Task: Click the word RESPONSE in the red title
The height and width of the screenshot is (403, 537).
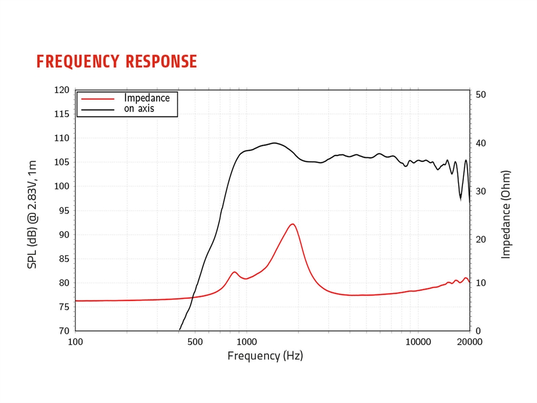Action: click(162, 62)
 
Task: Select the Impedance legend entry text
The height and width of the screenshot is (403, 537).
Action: click(147, 98)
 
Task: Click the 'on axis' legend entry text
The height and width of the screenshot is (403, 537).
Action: click(139, 109)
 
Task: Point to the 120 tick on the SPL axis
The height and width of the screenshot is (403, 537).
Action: click(62, 90)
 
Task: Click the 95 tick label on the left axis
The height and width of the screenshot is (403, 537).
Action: click(64, 211)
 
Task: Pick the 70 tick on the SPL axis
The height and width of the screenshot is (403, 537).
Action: click(64, 331)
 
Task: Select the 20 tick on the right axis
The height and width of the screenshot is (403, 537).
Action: click(481, 240)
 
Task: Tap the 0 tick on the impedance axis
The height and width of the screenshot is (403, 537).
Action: click(478, 331)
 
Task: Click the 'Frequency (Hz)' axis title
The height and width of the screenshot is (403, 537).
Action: click(265, 356)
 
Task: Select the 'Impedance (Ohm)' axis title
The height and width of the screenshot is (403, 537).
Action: click(505, 214)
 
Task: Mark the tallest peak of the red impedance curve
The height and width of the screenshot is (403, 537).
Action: click(292, 224)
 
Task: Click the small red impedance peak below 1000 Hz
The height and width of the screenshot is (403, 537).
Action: click(234, 272)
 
